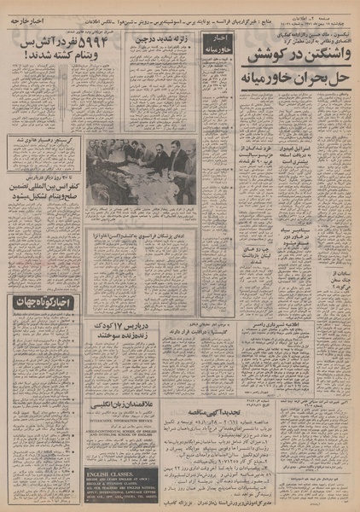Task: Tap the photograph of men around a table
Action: (x=141, y=171)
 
